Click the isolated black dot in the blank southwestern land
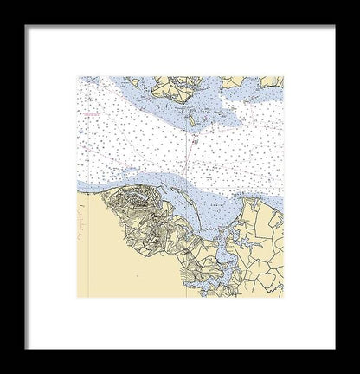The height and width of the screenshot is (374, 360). [138, 276]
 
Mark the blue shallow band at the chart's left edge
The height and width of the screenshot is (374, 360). [83, 184]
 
